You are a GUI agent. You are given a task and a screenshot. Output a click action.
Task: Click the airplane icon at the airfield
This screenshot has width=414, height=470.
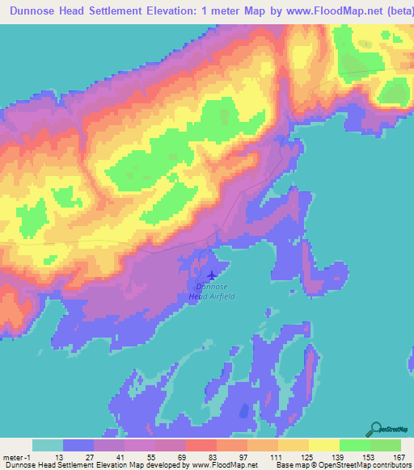(213, 275)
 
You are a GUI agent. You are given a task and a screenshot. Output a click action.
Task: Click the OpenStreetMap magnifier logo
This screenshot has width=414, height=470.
(376, 430)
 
